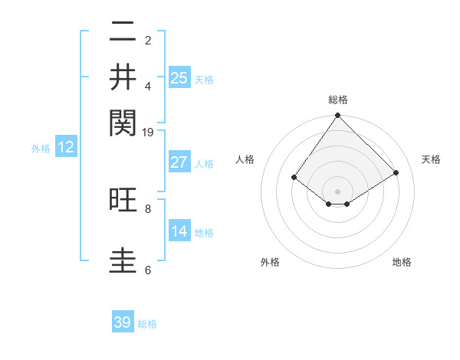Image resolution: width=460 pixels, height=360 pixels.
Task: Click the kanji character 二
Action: click(123, 34)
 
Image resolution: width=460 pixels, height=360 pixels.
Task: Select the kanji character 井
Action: click(123, 77)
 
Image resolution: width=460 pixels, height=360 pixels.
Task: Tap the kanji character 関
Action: click(123, 121)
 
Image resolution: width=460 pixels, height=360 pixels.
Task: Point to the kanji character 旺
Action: click(123, 201)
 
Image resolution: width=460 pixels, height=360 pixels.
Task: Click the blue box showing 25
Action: click(179, 77)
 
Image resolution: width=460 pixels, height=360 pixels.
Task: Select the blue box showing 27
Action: click(179, 162)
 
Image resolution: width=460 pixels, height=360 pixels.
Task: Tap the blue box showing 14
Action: click(179, 231)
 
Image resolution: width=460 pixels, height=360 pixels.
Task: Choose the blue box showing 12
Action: click(66, 147)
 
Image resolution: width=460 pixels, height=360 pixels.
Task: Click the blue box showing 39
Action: click(123, 322)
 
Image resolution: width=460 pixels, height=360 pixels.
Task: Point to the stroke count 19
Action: click(148, 132)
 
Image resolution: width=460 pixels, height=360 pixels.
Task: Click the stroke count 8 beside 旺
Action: click(148, 208)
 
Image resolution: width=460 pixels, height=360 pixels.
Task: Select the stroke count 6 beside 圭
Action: click(148, 270)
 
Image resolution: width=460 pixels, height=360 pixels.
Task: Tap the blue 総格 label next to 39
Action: click(147, 324)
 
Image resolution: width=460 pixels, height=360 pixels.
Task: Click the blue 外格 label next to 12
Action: click(41, 149)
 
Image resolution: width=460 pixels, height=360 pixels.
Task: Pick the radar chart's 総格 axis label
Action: click(337, 100)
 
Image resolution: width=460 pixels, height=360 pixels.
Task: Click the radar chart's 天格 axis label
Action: click(431, 159)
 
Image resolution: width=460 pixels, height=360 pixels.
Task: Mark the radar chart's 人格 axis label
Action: click(245, 159)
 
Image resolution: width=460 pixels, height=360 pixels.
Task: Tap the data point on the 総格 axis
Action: click(337, 116)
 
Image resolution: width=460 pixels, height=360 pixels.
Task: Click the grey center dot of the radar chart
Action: click(337, 191)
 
